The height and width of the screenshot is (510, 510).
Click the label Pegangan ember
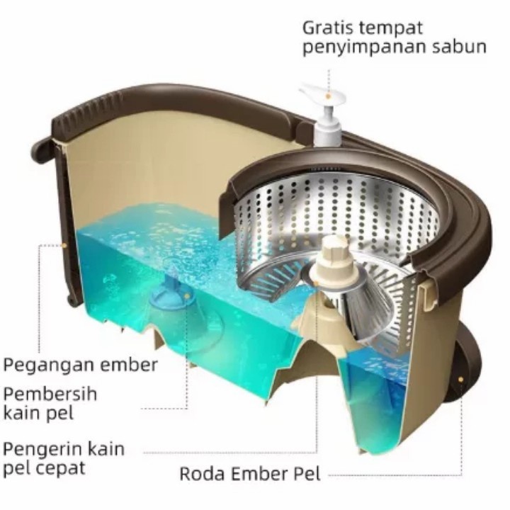pos(80,366)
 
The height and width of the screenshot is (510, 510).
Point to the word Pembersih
pos(50,394)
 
